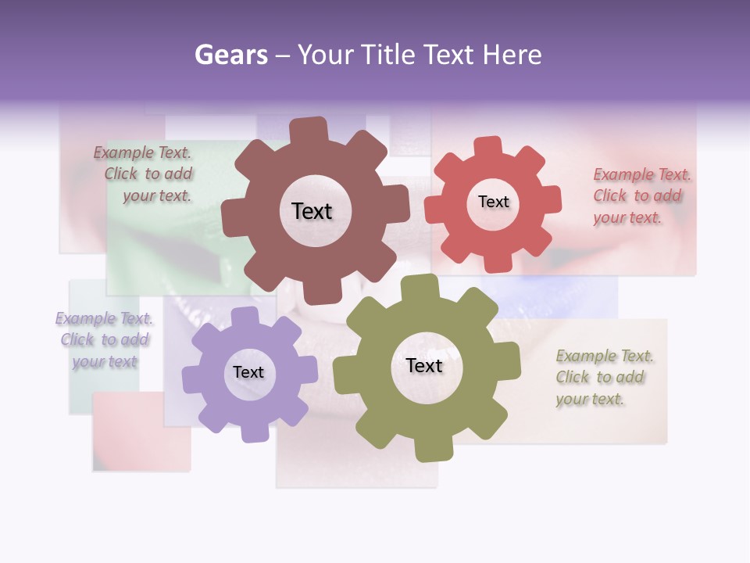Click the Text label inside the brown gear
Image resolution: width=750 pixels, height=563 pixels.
pyautogui.click(x=312, y=211)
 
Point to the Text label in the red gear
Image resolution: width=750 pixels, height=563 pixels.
pyautogui.click(x=493, y=202)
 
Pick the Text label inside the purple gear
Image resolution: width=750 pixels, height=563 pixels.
pyautogui.click(x=248, y=372)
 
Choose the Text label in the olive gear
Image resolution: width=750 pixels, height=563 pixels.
pyautogui.click(x=424, y=366)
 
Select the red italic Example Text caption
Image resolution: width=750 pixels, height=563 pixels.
pyautogui.click(x=641, y=196)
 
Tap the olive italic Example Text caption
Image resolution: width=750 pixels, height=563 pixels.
pyautogui.click(x=603, y=378)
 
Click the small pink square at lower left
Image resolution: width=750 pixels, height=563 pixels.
pyautogui.click(x=141, y=432)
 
